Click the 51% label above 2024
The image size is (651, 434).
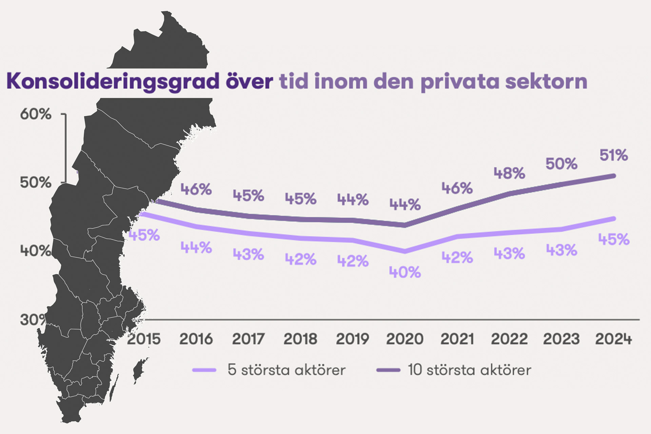(614, 156)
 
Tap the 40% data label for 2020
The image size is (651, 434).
(405, 272)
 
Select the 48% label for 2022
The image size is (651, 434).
(509, 173)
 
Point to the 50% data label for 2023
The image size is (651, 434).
(561, 164)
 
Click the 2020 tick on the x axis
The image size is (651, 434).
(405, 339)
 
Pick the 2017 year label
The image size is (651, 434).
(248, 339)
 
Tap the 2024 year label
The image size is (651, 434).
(614, 339)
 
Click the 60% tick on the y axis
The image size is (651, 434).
(36, 114)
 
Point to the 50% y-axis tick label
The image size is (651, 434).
(36, 183)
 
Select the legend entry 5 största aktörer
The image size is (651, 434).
(287, 370)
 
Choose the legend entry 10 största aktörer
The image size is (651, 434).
(469, 370)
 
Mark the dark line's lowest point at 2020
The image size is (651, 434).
(405, 225)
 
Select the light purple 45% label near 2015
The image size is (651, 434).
(144, 235)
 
